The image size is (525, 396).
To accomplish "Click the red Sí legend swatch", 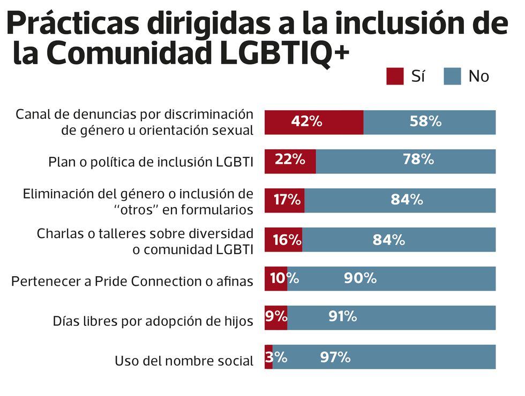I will click(x=394, y=77).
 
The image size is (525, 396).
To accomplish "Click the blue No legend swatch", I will click(x=453, y=77).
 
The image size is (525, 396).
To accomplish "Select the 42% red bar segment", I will click(x=314, y=122).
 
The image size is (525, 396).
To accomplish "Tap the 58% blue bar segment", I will click(x=430, y=122).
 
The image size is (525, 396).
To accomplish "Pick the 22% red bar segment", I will click(x=290, y=161).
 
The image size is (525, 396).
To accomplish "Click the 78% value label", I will click(x=418, y=159).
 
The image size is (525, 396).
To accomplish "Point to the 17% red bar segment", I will click(x=284, y=200).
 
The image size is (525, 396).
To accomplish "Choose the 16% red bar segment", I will click(x=283, y=240).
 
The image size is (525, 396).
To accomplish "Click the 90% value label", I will click(x=360, y=278).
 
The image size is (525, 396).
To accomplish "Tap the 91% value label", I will click(x=343, y=317).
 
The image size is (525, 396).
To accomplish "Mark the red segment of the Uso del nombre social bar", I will click(x=268, y=357).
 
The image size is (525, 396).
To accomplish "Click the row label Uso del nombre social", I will click(x=184, y=361).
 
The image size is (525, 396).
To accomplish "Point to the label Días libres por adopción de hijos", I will click(x=153, y=321).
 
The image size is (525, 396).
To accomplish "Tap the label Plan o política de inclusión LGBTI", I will click(x=151, y=162).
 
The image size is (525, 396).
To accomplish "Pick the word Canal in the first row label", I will click(x=31, y=115).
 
